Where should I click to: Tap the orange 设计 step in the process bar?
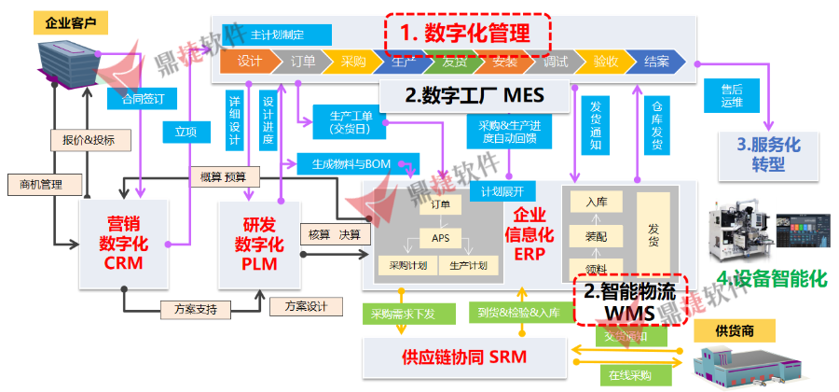pos(249,63)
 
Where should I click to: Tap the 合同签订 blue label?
pos(137,97)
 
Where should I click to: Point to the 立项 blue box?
pos(186,133)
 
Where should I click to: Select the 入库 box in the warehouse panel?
pos(597,201)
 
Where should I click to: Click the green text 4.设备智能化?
pos(773,277)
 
